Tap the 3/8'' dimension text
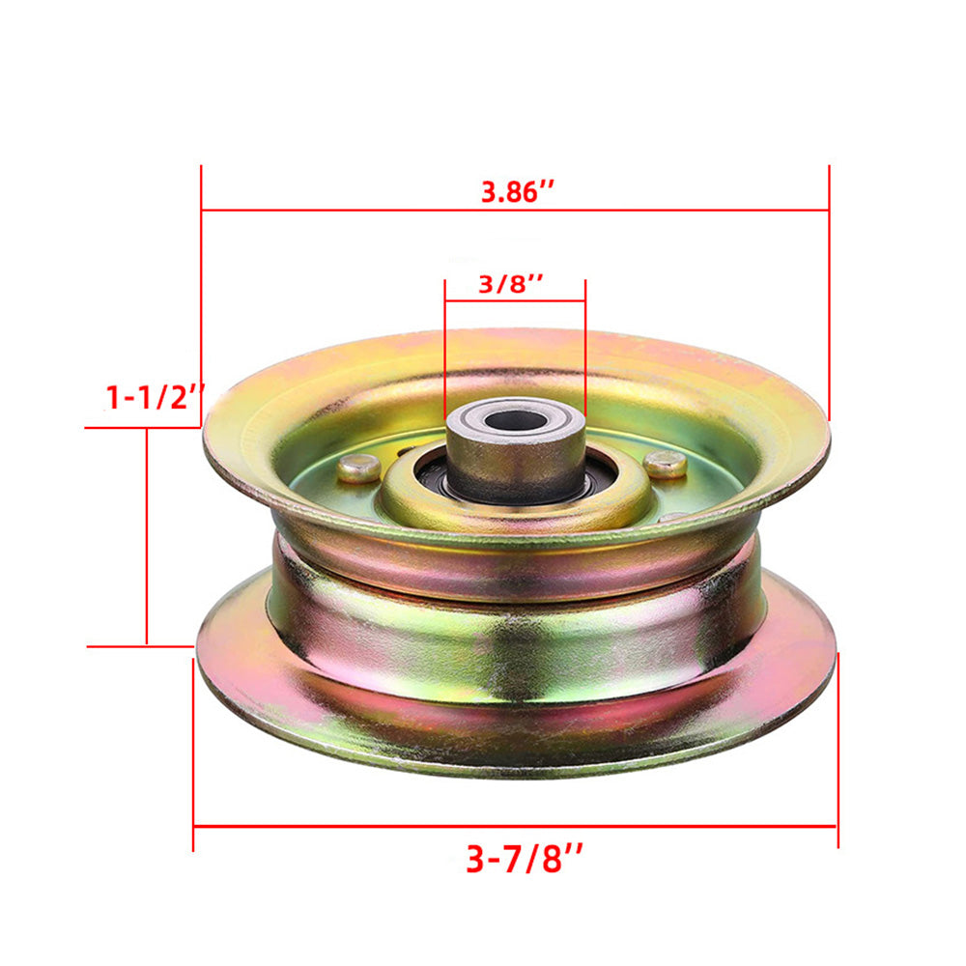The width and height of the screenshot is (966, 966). (511, 284)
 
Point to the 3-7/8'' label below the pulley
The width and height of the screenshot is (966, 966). (525, 858)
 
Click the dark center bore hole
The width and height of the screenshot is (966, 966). (516, 420)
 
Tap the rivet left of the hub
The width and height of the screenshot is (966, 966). (358, 468)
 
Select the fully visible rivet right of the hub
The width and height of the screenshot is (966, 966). (665, 464)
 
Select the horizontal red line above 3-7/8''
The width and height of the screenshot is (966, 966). (386, 826)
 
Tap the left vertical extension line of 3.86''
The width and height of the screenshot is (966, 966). (201, 290)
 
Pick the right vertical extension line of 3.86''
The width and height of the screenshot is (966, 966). (829, 290)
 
